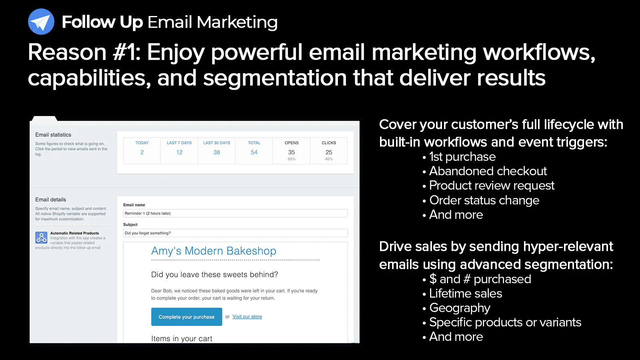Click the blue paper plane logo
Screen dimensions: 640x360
tap(41, 22)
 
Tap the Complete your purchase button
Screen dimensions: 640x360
tap(186, 316)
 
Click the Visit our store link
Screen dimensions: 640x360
tap(247, 316)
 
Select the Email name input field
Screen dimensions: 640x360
tap(236, 213)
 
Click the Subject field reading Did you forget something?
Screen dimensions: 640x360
tap(236, 233)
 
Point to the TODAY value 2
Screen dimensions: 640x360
tap(142, 152)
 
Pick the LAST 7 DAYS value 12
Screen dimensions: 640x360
tap(179, 152)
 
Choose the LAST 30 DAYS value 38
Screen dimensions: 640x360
tap(216, 152)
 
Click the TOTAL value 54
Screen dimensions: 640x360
tap(254, 152)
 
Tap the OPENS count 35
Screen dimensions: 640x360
tap(292, 152)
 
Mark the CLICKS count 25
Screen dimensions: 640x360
tap(329, 152)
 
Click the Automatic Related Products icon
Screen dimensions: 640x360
tap(42, 238)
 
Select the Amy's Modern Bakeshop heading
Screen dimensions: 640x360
tap(214, 250)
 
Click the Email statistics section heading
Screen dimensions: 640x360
tap(53, 134)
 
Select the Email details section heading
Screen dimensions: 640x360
tap(50, 200)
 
